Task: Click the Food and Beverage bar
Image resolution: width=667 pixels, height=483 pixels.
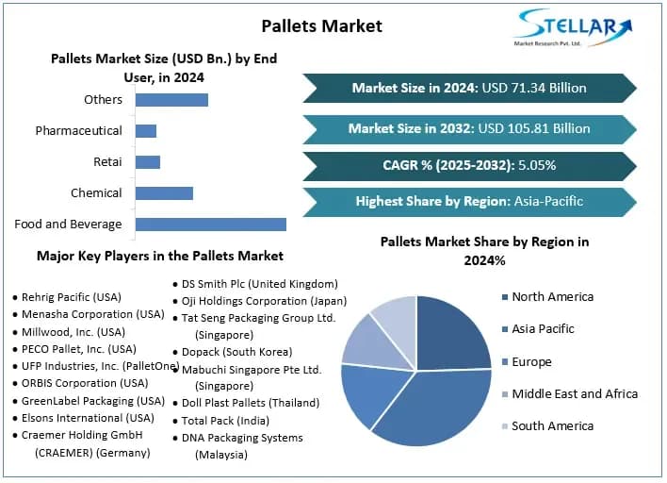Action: pyautogui.click(x=210, y=224)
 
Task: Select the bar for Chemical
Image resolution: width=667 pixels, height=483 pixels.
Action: pyautogui.click(x=164, y=193)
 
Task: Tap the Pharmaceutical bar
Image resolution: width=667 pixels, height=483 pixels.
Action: pyautogui.click(x=146, y=130)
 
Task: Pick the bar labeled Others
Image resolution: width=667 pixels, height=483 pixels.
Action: pyautogui.click(x=171, y=99)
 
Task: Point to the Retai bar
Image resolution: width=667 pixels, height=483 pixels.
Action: pyautogui.click(x=148, y=162)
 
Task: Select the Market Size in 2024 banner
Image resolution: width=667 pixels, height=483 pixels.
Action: pyautogui.click(x=469, y=88)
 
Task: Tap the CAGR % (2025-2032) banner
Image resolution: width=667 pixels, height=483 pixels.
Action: pyautogui.click(x=469, y=165)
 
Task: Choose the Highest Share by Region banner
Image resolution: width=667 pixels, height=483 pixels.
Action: pyautogui.click(x=469, y=201)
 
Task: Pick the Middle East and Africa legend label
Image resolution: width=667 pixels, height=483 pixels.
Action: pyautogui.click(x=575, y=393)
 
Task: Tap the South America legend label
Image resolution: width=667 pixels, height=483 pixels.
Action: pyautogui.click(x=552, y=425)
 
